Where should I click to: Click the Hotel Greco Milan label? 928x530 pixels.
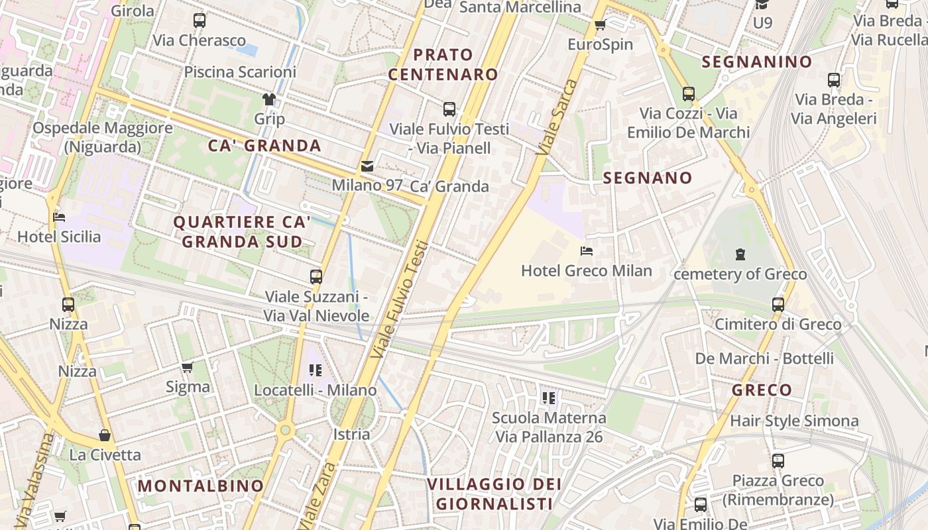coord(586,271)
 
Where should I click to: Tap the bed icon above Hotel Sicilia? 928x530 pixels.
coord(59,217)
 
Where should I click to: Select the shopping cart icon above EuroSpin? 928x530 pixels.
coord(601,25)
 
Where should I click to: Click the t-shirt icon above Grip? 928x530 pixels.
coord(268,99)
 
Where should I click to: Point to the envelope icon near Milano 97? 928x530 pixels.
coord(367,166)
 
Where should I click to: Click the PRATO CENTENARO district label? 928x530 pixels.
coord(443,64)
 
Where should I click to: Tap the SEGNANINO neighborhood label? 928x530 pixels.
coord(756,62)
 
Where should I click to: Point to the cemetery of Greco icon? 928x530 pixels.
coord(740,254)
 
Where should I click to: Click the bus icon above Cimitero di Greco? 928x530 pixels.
coord(778,305)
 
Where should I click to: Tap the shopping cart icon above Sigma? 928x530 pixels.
coord(188,367)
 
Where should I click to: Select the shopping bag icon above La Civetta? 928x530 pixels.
coord(105,435)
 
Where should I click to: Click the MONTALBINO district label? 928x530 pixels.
coord(200,486)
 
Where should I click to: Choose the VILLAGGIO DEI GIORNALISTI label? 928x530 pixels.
coord(494,494)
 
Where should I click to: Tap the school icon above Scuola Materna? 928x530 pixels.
coord(548,397)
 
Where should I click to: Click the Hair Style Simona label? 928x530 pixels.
coord(793,421)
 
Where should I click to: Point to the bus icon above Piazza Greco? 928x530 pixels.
coord(778,460)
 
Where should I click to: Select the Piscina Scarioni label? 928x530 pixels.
coord(240,72)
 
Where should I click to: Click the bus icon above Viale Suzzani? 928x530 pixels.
coord(316,276)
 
